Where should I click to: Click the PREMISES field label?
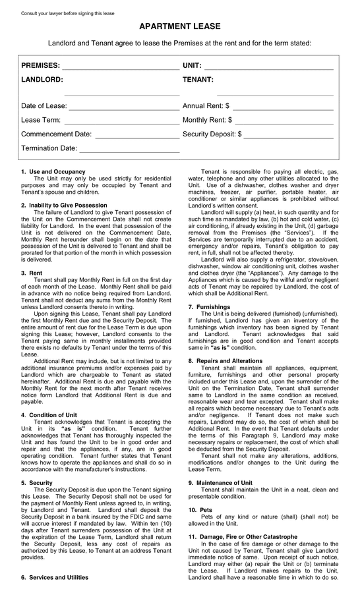click(40, 66)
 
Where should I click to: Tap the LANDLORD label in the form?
click(42, 79)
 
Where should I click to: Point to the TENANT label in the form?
click(198, 79)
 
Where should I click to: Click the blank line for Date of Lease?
click(124, 107)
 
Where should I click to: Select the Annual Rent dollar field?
click(283, 107)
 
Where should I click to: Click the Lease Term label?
click(41, 121)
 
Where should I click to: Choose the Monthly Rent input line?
click(284, 122)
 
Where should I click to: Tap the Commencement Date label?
click(56, 134)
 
